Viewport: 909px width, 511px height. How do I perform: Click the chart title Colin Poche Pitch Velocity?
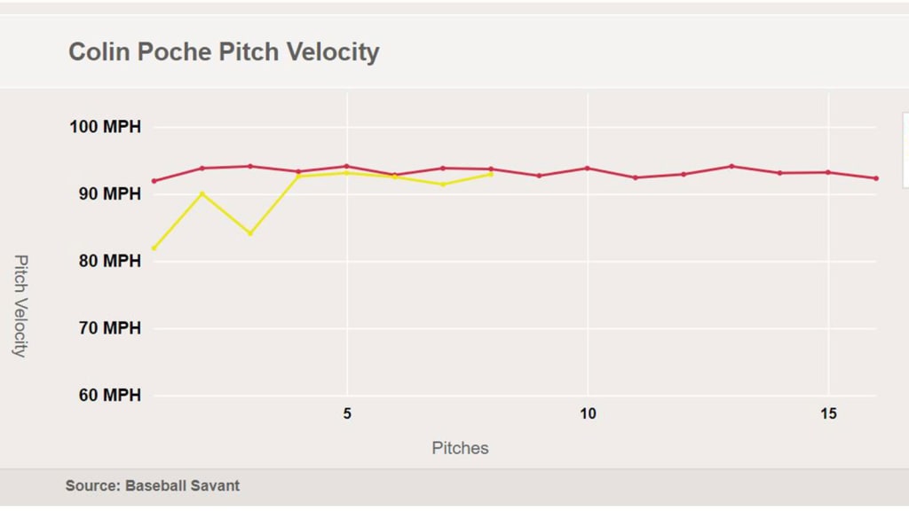[224, 51]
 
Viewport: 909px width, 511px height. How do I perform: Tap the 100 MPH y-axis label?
[105, 127]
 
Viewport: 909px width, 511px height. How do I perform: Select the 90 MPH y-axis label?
[105, 193]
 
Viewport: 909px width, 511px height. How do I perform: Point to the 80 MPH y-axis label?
[105, 261]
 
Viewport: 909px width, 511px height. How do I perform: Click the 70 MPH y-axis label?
[105, 328]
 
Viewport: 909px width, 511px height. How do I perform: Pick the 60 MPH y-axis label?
[105, 396]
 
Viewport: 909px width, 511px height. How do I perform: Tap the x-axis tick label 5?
[347, 414]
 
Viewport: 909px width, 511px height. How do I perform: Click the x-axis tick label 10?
[588, 414]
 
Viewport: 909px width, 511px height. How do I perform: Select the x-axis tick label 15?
[828, 414]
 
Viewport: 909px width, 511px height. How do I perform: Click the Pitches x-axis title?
[460, 448]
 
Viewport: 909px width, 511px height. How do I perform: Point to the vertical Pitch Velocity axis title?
[20, 305]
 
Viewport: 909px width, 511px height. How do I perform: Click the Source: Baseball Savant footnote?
[153, 486]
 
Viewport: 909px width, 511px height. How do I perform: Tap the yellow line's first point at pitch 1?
[154, 248]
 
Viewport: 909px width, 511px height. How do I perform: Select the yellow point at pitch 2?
[202, 193]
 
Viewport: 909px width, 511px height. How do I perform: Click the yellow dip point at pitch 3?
[250, 233]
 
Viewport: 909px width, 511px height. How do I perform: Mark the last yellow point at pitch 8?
[491, 174]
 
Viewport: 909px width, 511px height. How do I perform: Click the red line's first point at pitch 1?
[154, 181]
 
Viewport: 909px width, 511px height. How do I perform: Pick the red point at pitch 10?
[588, 168]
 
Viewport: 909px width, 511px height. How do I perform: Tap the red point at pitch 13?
[731, 166]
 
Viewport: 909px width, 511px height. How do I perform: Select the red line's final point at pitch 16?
[876, 178]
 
